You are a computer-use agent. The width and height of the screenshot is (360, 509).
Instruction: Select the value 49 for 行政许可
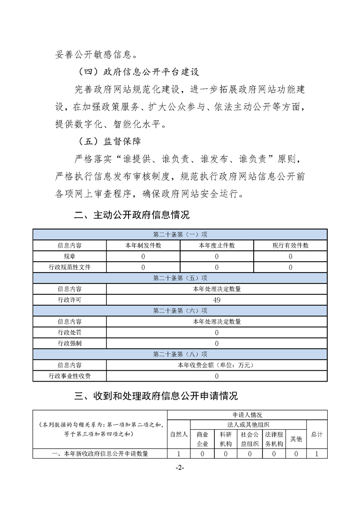pyautogui.click(x=217, y=300)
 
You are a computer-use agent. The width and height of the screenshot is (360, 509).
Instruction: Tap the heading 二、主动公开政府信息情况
pyautogui.click(x=132, y=215)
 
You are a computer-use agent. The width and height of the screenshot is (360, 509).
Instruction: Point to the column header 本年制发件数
pyautogui.click(x=143, y=245)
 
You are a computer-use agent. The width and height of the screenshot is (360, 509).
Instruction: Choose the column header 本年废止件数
pyautogui.click(x=217, y=245)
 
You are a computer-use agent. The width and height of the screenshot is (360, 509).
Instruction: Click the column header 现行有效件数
pyautogui.click(x=290, y=245)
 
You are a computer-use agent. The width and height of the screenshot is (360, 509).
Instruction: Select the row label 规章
pyautogui.click(x=69, y=256)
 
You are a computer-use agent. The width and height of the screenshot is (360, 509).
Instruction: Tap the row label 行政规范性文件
pyautogui.click(x=69, y=267)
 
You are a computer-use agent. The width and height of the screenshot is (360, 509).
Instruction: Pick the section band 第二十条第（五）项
pyautogui.click(x=180, y=278)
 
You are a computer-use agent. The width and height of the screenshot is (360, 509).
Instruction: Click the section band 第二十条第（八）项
pyautogui.click(x=180, y=354)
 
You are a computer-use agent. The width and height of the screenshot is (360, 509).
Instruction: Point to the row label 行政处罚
pyautogui.click(x=69, y=333)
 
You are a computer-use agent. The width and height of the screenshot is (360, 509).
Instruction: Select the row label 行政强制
pyautogui.click(x=69, y=343)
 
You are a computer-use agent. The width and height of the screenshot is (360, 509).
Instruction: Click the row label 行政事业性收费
pyautogui.click(x=69, y=376)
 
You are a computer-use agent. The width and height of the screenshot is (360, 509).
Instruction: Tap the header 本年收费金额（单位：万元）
pyautogui.click(x=217, y=365)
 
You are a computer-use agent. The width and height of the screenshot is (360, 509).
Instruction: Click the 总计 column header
pyautogui.click(x=317, y=434)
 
